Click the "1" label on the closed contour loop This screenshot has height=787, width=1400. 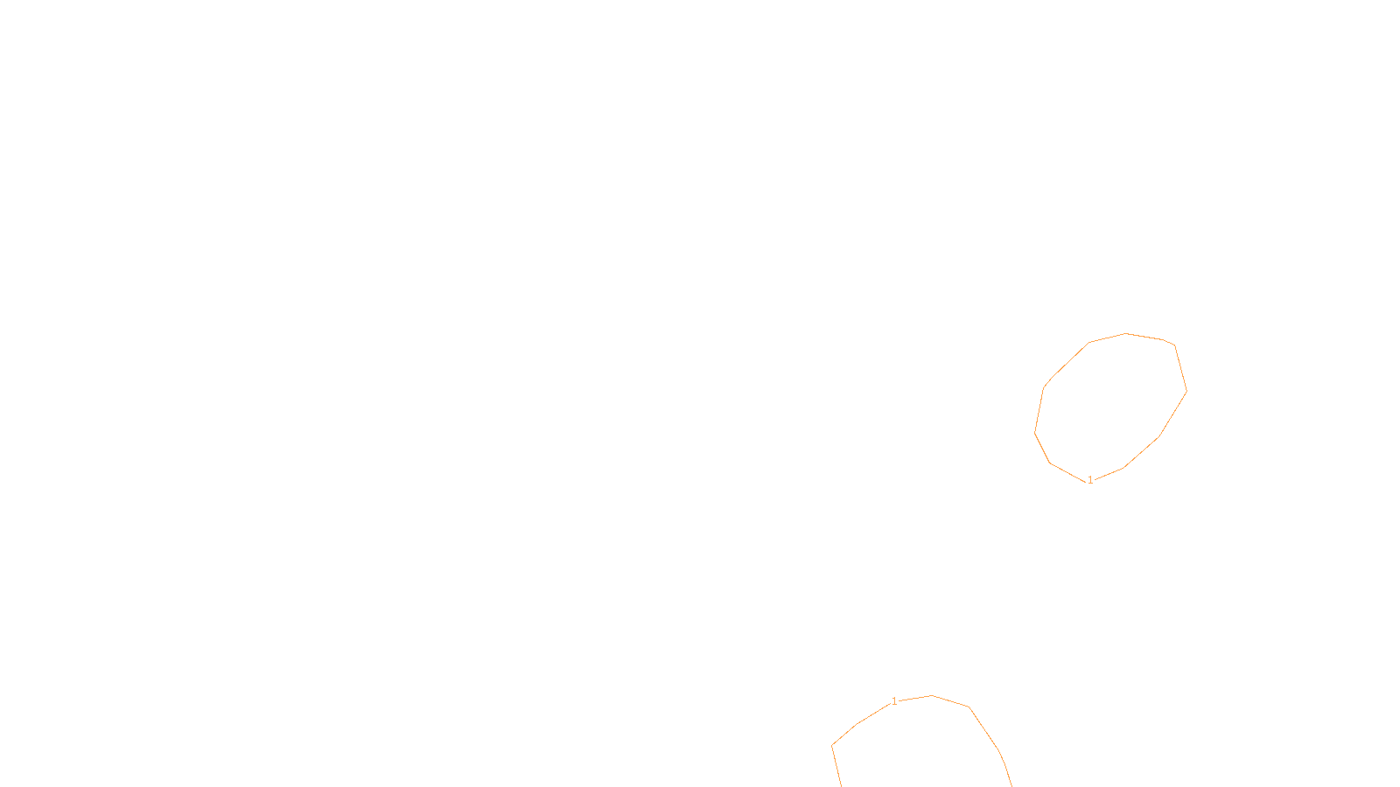tap(1090, 480)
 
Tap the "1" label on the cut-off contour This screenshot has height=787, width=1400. tap(894, 701)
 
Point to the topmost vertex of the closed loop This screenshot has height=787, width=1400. tap(1125, 333)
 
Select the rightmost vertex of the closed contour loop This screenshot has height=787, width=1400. tap(1186, 392)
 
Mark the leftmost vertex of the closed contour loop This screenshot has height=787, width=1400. tap(1034, 433)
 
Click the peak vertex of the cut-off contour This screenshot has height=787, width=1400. tap(931, 695)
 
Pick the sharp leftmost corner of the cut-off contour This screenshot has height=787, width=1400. tap(832, 745)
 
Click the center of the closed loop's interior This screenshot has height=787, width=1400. tap(1110, 407)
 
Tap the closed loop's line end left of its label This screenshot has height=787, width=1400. tap(1086, 482)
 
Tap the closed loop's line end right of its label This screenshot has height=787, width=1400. tap(1095, 479)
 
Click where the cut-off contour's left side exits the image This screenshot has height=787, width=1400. tap(842, 786)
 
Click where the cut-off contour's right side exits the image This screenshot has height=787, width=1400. tap(1011, 786)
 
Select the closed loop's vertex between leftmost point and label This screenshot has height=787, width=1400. tap(1050, 463)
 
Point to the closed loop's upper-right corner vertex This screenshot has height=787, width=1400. tap(1175, 345)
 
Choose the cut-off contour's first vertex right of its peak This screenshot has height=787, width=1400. tap(969, 707)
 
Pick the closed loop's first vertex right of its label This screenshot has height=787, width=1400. tap(1123, 468)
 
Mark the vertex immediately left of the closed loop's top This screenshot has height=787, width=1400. tap(1088, 342)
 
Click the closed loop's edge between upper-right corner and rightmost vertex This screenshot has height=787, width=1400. tap(1180, 368)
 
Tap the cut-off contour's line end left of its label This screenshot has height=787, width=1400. tap(890, 704)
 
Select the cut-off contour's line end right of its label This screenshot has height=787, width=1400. tap(899, 700)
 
